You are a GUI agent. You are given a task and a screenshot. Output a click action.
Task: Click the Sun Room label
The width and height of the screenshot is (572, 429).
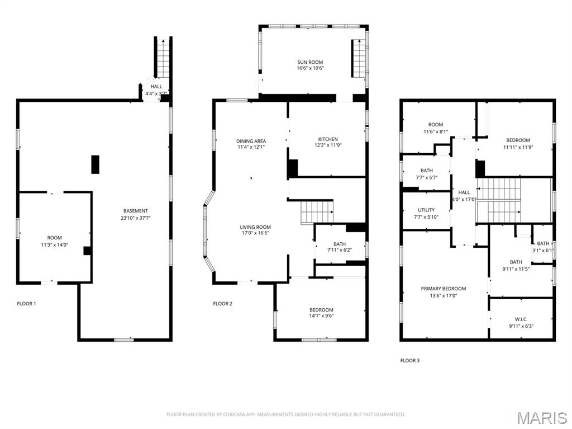[x=310, y=63]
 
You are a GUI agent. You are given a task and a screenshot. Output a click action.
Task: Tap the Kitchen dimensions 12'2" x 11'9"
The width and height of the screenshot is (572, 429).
[x=328, y=145]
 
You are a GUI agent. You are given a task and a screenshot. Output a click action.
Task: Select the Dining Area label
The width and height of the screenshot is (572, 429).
[x=251, y=141]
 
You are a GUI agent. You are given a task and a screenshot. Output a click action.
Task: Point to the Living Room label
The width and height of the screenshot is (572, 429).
[x=255, y=227]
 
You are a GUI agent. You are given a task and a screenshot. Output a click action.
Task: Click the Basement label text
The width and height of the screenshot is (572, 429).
[x=136, y=211]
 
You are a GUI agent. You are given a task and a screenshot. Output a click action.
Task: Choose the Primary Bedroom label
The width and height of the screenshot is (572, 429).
[x=443, y=289]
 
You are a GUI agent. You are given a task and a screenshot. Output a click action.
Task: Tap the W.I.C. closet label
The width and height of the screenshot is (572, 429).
[x=521, y=319]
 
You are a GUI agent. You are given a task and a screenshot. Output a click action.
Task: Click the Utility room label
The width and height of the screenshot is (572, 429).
[x=426, y=210]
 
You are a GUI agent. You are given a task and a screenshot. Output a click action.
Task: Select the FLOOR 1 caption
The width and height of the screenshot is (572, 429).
[x=27, y=304]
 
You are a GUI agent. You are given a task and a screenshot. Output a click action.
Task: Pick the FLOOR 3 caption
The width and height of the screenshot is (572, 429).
[x=410, y=361]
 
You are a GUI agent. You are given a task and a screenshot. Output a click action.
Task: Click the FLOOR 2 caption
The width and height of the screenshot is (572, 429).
[x=222, y=304]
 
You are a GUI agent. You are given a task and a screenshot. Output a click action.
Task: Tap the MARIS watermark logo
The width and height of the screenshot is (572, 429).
[x=542, y=418]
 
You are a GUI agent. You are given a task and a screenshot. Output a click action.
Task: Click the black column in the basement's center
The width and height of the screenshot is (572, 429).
[x=95, y=164]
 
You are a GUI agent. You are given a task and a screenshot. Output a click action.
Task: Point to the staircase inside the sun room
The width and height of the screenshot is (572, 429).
[x=359, y=59]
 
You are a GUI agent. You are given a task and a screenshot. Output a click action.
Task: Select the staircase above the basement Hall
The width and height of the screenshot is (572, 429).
[x=163, y=58]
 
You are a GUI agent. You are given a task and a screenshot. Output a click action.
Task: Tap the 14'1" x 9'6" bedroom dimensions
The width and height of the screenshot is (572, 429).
[x=321, y=316]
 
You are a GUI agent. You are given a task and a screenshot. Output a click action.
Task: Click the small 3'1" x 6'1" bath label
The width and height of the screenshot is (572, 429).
[x=543, y=247]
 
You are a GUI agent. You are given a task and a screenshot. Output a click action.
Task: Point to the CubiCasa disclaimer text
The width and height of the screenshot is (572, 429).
[x=285, y=414]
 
